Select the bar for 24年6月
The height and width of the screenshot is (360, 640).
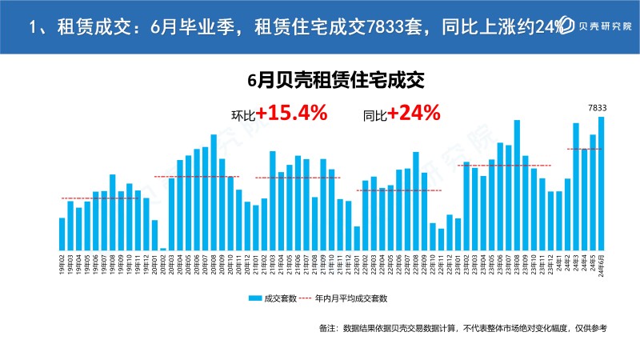pos(601,183)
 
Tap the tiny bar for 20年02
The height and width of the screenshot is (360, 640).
pos(163,249)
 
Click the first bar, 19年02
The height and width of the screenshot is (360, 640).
pos(62,234)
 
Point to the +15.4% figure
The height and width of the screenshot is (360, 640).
pos(292,114)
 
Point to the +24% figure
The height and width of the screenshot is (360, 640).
pos(414,114)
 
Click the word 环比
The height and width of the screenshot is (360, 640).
pos(242,115)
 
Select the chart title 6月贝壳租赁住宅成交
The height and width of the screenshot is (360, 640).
pos(334,80)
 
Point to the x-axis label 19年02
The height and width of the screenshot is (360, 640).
pos(62,262)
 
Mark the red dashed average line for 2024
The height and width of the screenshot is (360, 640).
pos(584,149)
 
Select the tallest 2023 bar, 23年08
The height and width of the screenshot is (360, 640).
pos(517,185)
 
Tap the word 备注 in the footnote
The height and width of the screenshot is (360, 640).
pos(328,328)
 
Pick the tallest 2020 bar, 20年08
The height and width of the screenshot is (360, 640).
pos(214,192)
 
